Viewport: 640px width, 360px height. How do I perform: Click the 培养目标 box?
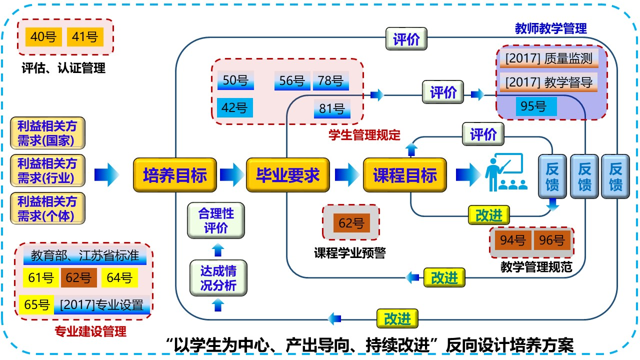(174, 175)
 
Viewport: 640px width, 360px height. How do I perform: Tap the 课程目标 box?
(404, 175)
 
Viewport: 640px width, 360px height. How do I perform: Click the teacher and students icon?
(505, 172)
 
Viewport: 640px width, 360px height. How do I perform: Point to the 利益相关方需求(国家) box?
(47, 132)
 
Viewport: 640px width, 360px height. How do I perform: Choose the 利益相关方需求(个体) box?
(47, 208)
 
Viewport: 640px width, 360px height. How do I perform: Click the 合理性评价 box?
(216, 220)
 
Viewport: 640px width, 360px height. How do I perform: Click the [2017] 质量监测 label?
(549, 58)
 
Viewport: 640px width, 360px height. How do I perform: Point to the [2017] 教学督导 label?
(549, 82)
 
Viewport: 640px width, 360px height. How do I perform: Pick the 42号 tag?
(235, 107)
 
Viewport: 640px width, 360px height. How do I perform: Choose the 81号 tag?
(332, 108)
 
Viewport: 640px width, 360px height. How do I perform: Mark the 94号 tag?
(512, 240)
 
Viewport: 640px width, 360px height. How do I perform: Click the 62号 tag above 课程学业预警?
(351, 223)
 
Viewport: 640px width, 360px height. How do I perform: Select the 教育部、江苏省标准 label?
(85, 255)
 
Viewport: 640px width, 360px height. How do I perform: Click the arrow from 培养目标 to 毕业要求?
(230, 175)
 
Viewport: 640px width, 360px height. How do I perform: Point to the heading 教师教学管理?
(550, 28)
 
